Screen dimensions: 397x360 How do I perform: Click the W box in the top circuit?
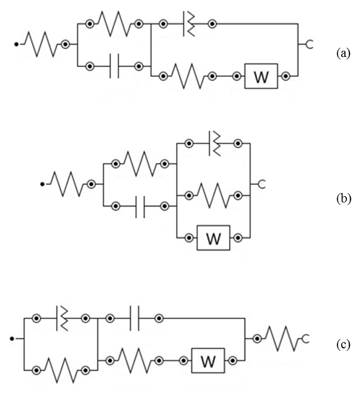coord(261,77)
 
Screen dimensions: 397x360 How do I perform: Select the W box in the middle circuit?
coord(213,239)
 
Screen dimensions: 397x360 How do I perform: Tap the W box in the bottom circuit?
coord(208,361)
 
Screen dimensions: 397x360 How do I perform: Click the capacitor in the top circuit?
coord(114,67)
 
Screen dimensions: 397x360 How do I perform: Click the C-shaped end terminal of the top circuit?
coord(308,46)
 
